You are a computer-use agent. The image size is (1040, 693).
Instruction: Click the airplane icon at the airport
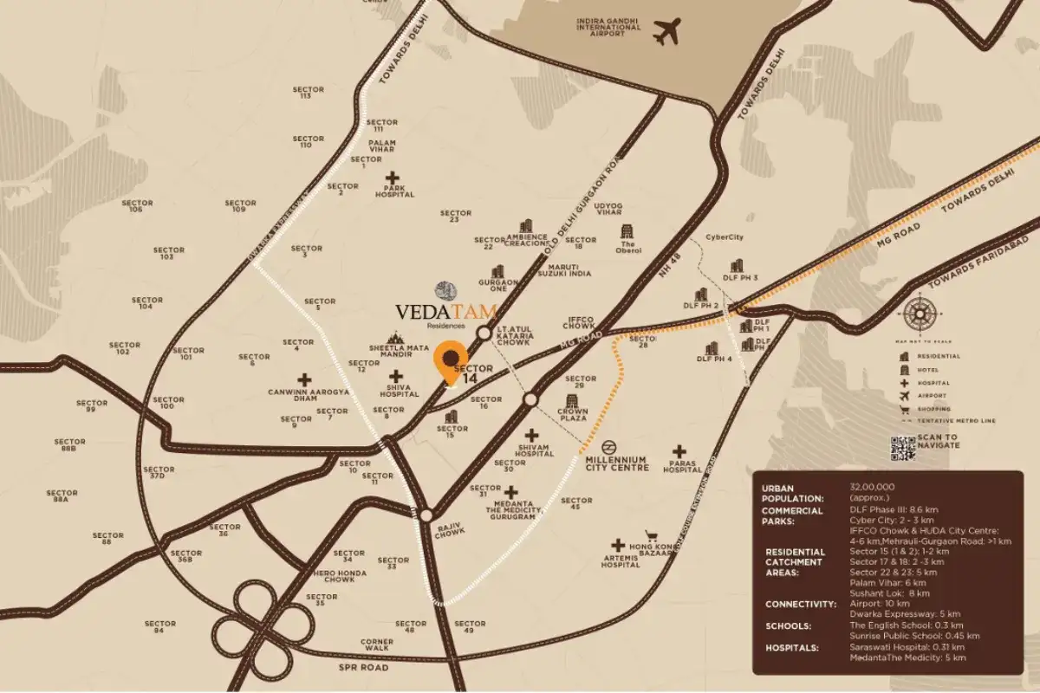click(667, 31)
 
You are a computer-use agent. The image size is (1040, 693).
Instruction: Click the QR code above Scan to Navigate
click(902, 448)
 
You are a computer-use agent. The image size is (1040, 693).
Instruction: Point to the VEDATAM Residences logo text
click(446, 311)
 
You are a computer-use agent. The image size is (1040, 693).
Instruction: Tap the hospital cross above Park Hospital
click(393, 178)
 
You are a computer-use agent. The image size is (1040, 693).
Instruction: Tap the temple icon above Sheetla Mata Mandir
click(396, 338)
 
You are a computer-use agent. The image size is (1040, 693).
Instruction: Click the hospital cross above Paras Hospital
click(679, 451)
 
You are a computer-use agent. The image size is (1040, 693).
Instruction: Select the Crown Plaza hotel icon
click(573, 402)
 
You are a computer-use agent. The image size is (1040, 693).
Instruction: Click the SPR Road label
click(364, 668)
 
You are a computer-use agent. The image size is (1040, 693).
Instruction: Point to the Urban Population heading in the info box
click(791, 493)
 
